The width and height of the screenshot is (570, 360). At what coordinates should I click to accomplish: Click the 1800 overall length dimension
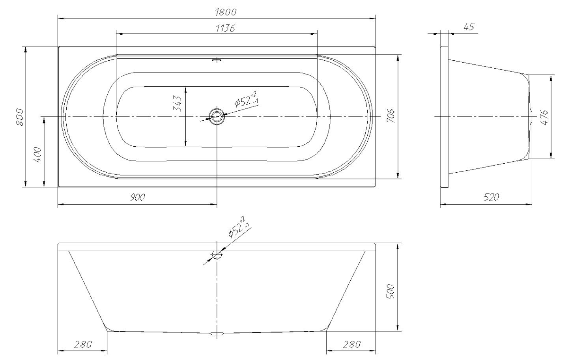226,12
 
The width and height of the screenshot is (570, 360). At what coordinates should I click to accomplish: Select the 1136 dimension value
225,28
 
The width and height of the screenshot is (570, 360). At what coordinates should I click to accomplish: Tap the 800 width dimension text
20,117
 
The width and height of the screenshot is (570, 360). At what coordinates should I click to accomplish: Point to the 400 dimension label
37,155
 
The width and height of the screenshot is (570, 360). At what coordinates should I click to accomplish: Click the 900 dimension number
137,197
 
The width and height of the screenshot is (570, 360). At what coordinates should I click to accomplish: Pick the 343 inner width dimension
177,104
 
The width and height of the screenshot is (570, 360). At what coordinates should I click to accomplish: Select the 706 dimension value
391,116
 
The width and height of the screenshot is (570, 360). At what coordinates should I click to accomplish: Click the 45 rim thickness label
469,27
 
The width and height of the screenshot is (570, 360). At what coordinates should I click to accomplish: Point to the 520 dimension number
491,197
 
